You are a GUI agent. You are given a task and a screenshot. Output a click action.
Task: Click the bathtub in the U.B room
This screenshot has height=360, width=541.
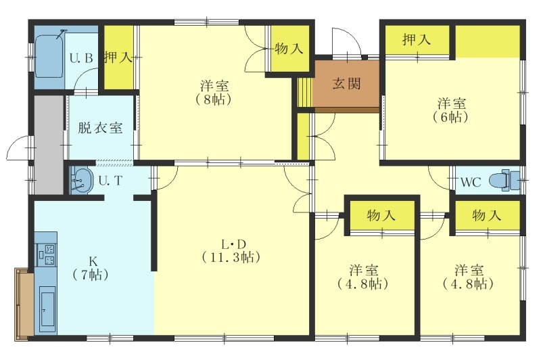(x=49, y=57)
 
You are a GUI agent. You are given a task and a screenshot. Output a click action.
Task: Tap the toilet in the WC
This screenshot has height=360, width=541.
(x=504, y=180)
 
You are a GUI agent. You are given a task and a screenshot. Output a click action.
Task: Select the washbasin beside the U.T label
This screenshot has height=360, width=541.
(x=81, y=179)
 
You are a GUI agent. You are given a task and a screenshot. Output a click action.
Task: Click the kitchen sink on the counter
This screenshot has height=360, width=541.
(x=47, y=310)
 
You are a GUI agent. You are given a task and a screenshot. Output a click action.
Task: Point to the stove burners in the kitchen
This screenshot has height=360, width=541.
(x=46, y=254)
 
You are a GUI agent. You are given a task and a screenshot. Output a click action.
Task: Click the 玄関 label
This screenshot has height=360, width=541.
(x=347, y=83)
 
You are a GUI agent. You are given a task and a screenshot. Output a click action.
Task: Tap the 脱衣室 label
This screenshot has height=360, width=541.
(x=99, y=128)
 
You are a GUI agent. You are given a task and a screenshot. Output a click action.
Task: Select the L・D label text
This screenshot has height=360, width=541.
(x=233, y=245)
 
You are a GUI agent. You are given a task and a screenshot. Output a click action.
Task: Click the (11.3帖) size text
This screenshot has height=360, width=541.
(x=231, y=258)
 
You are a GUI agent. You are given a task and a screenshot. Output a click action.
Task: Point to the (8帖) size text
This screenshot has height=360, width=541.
(x=214, y=99)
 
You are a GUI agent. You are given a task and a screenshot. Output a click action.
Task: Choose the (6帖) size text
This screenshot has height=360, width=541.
(x=450, y=117)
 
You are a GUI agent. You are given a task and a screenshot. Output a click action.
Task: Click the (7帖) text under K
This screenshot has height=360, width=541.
(x=91, y=275)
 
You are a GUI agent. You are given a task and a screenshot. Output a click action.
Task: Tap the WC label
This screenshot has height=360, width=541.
(x=471, y=182)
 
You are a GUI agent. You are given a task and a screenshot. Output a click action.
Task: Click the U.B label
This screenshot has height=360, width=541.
(x=81, y=58)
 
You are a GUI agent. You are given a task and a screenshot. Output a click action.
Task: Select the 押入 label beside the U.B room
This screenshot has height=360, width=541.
(x=118, y=57)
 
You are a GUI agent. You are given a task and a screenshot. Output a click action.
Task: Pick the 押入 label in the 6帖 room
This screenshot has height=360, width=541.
(x=417, y=40)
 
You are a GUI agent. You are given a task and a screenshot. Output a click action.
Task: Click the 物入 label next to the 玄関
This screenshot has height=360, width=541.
(x=289, y=48)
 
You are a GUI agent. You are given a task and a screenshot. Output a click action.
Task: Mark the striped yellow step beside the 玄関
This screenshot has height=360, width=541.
(x=305, y=93)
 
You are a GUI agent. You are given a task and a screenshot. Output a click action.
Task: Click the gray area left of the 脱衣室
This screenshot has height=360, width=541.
(x=49, y=144)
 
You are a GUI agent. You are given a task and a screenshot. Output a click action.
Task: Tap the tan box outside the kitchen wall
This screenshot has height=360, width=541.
(x=24, y=304)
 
